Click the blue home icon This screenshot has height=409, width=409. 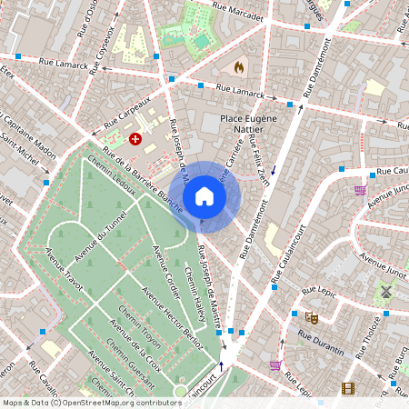(204, 196)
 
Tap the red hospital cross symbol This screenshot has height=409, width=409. (135, 139)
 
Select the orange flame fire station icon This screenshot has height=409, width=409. (239, 67)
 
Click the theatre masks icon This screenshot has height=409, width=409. (312, 317)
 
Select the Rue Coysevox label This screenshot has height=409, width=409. (101, 43)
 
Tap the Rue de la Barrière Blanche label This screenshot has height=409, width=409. (138, 173)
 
